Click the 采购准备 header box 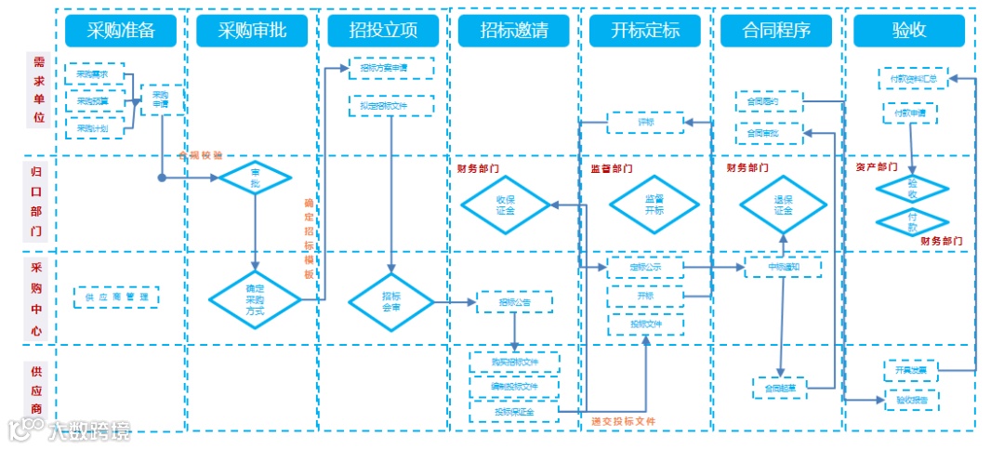121,31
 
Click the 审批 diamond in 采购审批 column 255,178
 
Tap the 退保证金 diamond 783,205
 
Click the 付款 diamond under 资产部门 912,222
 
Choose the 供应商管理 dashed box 116,297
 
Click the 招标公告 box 514,301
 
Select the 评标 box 646,122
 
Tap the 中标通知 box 784,267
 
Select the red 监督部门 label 611,169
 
